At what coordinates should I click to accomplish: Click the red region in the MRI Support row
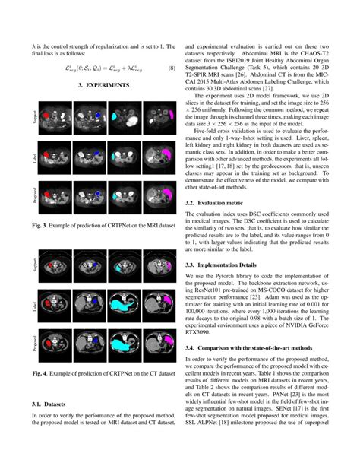[46, 116]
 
